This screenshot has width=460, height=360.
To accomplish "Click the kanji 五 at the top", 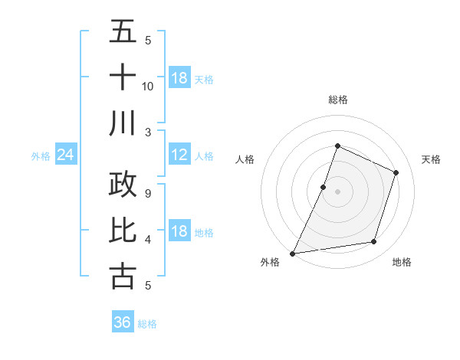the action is pyautogui.click(x=123, y=31).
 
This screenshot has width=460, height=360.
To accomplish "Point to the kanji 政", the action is pyautogui.click(x=123, y=185).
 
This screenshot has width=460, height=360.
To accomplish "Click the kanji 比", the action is pyautogui.click(x=123, y=230).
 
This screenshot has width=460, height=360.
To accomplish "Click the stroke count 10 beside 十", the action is pyautogui.click(x=148, y=86).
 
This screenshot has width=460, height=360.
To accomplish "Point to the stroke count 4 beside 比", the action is pyautogui.click(x=148, y=240).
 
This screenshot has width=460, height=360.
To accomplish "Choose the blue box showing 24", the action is pyautogui.click(x=66, y=155).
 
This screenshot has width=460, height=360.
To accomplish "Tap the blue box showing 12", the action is pyautogui.click(x=179, y=155).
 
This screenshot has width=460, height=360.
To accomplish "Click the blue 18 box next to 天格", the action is pyautogui.click(x=179, y=78).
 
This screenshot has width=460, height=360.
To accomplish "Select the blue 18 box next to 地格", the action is pyautogui.click(x=179, y=232).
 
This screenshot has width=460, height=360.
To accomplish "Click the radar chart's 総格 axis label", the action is pyautogui.click(x=337, y=100).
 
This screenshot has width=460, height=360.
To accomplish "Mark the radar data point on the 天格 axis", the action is pyautogui.click(x=396, y=172).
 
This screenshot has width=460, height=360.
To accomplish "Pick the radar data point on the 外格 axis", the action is pyautogui.click(x=293, y=253).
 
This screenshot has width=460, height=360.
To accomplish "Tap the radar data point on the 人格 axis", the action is pyautogui.click(x=324, y=187).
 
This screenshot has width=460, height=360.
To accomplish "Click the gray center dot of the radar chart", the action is pyautogui.click(x=337, y=191).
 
